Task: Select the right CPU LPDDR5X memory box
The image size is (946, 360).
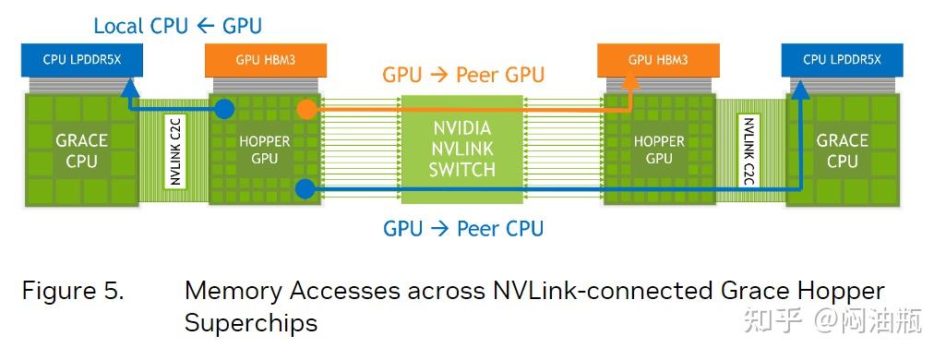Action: coord(842,60)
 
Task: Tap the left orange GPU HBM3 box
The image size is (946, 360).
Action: coord(266,60)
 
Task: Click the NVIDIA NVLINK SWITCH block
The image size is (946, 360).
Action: coord(463,148)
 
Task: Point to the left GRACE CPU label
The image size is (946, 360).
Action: coord(81,150)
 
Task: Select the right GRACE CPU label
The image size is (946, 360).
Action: coord(842,150)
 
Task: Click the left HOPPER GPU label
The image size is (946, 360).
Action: coord(265,150)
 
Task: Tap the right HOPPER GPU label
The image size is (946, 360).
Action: coord(659,150)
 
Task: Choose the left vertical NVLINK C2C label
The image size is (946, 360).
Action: coord(174,150)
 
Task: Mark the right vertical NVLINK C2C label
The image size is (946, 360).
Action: coord(748,150)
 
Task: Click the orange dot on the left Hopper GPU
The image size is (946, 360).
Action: coord(305,109)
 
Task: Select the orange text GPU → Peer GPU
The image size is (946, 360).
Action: coord(463,74)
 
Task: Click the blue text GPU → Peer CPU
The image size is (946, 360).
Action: coord(463,228)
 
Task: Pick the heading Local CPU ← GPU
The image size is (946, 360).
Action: coord(177,25)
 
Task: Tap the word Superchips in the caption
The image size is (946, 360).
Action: coord(250,323)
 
